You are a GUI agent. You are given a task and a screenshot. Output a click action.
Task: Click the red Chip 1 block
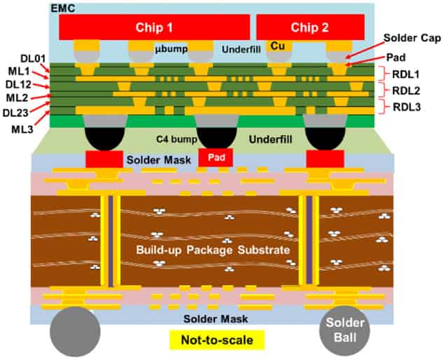154,27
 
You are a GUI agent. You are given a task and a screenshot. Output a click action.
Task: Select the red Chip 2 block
311,27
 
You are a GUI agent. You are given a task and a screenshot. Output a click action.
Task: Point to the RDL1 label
407,72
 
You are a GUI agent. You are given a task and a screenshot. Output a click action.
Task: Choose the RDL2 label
407,90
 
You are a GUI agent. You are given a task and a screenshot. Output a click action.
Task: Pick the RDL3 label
407,106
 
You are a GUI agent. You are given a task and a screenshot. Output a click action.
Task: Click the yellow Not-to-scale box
216,341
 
